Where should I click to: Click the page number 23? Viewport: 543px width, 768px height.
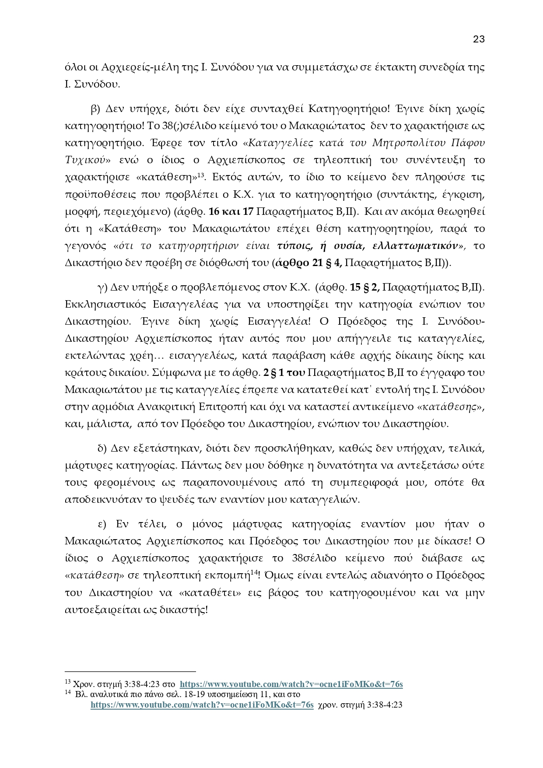479,39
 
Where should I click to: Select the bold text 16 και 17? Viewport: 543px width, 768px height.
231,211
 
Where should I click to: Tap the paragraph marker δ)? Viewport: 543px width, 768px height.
102,448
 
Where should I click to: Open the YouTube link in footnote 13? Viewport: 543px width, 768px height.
291,684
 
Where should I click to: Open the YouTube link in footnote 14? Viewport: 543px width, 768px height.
202,705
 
